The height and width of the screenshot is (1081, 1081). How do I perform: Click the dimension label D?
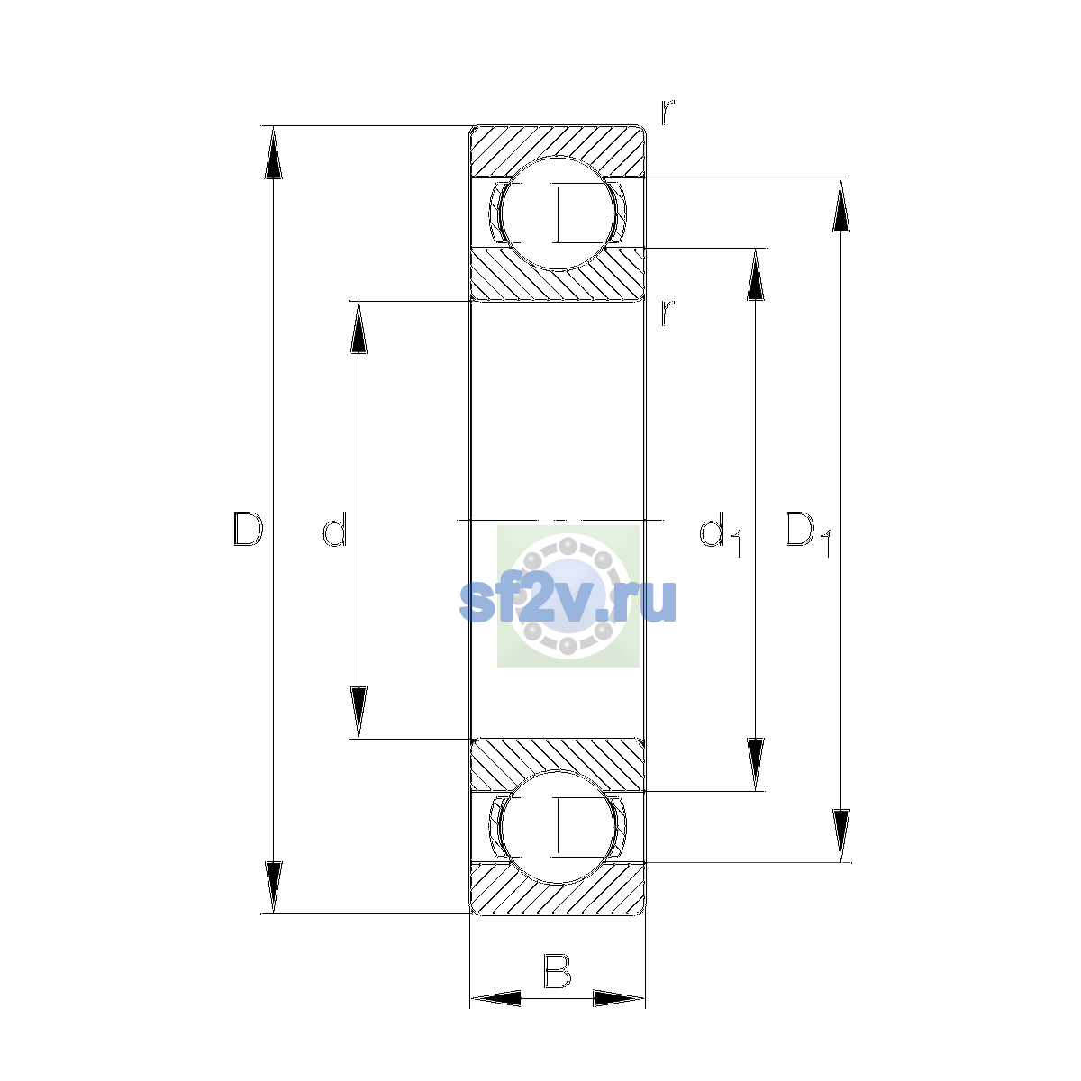pyautogui.click(x=248, y=529)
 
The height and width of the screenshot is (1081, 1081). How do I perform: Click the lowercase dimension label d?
pyautogui.click(x=335, y=529)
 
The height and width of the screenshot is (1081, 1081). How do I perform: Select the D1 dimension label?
pyautogui.click(x=807, y=533)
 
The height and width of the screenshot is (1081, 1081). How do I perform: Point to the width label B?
pyautogui.click(x=557, y=970)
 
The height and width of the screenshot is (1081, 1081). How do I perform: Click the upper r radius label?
pyautogui.click(x=667, y=112)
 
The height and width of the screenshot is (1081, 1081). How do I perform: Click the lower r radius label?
pyautogui.click(x=667, y=313)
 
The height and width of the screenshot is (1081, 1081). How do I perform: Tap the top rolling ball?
pyautogui.click(x=557, y=213)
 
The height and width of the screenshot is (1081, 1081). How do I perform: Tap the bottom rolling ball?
pyautogui.click(x=557, y=827)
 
